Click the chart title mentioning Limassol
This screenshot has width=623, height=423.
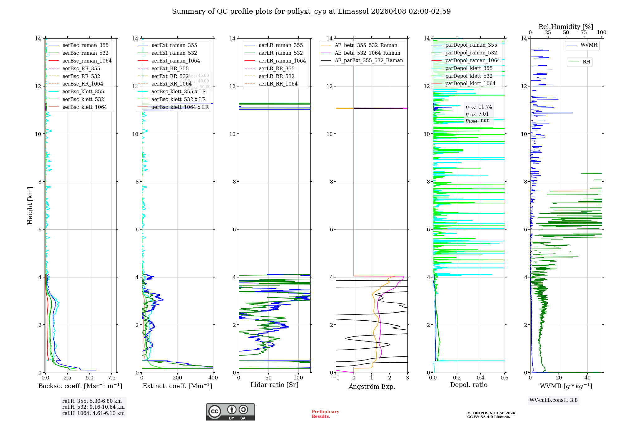[311, 12]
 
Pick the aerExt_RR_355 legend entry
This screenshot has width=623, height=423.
[170, 68]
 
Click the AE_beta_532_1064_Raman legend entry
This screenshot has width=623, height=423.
[367, 53]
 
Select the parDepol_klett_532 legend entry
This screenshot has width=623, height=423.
[469, 76]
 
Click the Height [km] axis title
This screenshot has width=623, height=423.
[30, 205]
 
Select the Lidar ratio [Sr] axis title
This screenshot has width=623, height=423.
[274, 385]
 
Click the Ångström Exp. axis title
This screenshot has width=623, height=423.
[372, 386]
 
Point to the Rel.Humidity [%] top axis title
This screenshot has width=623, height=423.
[566, 27]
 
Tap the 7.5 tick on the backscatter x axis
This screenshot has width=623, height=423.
[112, 378]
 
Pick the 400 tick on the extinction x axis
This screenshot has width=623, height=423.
[213, 378]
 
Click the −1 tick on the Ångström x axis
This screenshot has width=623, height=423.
[336, 378]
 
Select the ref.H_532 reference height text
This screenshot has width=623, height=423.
[93, 407]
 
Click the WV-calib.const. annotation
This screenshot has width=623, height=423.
[553, 400]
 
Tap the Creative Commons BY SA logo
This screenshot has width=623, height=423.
[230, 412]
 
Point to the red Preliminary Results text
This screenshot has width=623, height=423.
[325, 414]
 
